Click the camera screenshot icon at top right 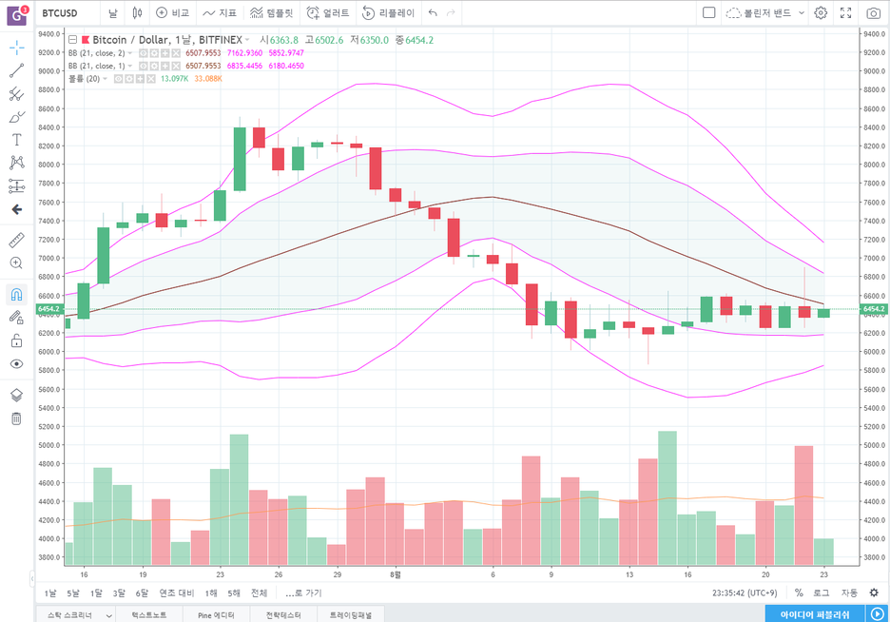point(873,13)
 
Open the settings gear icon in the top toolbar point(821,13)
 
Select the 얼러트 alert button point(327,13)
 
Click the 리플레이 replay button point(388,13)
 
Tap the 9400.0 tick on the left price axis point(49,33)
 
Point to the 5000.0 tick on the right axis point(873,445)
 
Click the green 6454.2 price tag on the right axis point(873,309)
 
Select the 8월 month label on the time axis point(396,575)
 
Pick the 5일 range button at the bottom point(73,593)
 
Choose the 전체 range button point(259,593)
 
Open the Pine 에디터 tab point(217,614)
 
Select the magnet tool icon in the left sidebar point(16,294)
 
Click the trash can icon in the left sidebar point(16,418)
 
